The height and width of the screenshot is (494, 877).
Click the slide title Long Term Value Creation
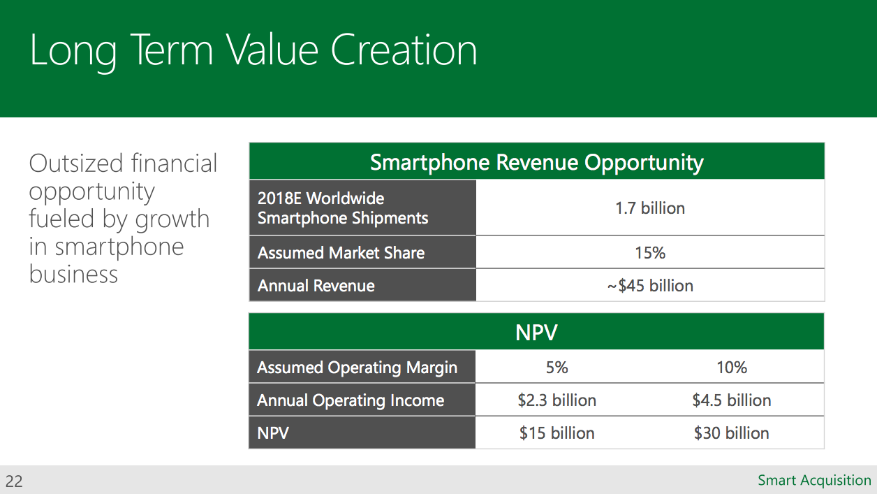(253, 50)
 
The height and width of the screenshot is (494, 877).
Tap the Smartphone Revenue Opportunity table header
(536, 162)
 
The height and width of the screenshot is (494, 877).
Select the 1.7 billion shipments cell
(650, 208)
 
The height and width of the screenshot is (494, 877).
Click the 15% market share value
(650, 253)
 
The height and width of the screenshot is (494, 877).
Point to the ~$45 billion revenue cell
(650, 286)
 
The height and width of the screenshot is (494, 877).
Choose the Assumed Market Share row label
(341, 253)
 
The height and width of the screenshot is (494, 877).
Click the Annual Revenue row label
(316, 286)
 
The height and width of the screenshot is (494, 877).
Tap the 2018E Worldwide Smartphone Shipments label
(343, 208)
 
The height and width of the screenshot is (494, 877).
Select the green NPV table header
(536, 333)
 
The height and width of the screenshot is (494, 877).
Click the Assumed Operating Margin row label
(357, 368)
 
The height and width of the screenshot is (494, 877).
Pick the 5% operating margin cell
(557, 368)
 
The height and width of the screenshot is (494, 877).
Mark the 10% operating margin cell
(732, 368)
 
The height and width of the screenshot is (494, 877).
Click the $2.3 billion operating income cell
(557, 400)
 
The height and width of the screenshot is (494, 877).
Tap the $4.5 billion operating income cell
(732, 400)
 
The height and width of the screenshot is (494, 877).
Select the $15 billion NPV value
(557, 433)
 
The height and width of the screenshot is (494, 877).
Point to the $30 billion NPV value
(732, 433)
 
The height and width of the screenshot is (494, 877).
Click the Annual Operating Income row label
(351, 400)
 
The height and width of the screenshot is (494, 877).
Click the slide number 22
(14, 481)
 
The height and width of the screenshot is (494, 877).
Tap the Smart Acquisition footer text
(814, 481)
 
